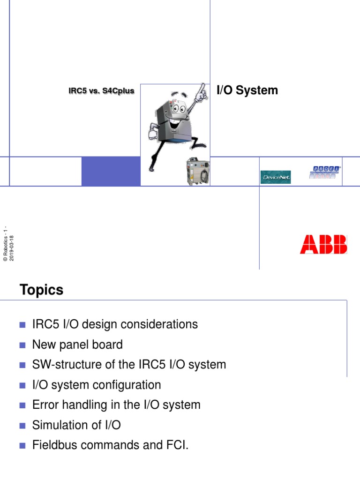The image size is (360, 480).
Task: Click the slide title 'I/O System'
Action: coord(247,90)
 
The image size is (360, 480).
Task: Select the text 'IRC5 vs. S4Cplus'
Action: coord(101,91)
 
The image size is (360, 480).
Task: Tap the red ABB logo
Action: coord(323,244)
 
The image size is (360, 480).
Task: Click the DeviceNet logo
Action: coord(276,177)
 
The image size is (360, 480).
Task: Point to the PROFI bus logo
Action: coord(325,172)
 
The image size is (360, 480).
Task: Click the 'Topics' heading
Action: coord(41,290)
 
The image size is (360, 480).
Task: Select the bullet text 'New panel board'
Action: coord(77,345)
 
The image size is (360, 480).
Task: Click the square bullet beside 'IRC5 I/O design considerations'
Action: coord(22,325)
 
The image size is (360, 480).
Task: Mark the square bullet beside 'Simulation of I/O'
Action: coord(22,426)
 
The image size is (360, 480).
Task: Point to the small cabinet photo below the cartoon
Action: coord(198,171)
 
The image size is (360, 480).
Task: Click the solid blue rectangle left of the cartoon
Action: coord(111,171)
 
